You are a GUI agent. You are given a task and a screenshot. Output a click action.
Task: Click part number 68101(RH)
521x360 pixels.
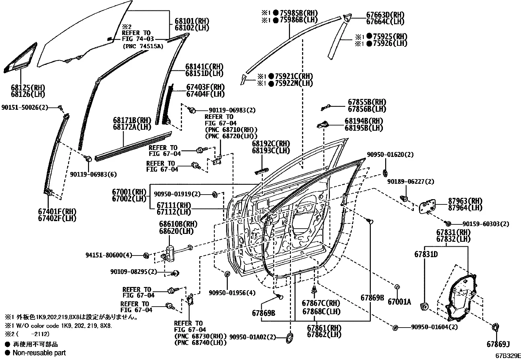(192, 21)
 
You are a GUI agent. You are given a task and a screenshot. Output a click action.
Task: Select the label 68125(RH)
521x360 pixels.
(28, 88)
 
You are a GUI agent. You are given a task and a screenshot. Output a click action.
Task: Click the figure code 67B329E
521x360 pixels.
(508, 356)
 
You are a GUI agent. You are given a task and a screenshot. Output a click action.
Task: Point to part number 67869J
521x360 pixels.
(498, 344)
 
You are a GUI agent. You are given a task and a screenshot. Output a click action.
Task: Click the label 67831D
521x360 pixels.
(426, 254)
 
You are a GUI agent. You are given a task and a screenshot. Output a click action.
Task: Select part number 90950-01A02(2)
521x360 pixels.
(253, 337)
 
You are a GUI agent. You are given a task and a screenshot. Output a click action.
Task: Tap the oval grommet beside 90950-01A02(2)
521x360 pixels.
(290, 338)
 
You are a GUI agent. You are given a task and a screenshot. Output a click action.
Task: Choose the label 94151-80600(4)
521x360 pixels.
(109, 255)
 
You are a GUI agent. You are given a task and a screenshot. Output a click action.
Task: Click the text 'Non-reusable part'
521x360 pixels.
(39, 353)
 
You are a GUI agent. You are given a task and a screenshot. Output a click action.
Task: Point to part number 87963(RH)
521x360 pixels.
(465, 201)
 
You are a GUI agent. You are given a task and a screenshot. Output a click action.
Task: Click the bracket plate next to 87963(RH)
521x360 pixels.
(427, 206)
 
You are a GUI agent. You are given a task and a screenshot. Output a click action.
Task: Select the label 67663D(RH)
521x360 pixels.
(386, 15)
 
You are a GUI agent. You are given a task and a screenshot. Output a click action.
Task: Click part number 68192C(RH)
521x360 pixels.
(271, 143)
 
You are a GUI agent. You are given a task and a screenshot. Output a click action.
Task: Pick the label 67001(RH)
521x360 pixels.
(129, 192)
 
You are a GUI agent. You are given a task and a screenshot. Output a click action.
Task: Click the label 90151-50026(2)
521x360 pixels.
(25, 107)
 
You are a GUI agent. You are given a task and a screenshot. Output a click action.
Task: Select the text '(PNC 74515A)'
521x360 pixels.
(143, 46)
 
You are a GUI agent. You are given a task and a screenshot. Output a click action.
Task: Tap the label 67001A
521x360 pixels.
(399, 302)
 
